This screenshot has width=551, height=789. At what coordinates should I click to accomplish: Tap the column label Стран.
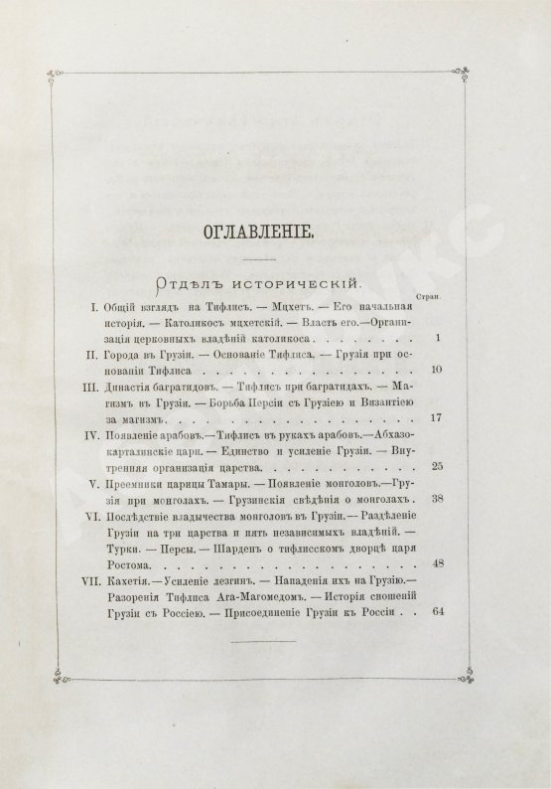coord(433,295)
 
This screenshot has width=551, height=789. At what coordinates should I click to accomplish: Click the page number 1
coord(437,339)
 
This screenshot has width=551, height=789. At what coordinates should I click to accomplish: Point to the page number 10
coord(435,372)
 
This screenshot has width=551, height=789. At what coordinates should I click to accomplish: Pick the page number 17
coord(435,420)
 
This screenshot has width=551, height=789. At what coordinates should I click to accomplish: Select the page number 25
coord(435,466)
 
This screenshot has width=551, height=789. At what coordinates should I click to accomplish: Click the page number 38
coord(435,500)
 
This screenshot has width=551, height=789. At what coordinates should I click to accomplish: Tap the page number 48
coord(435,561)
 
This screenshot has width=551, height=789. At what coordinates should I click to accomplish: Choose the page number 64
coord(435,612)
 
